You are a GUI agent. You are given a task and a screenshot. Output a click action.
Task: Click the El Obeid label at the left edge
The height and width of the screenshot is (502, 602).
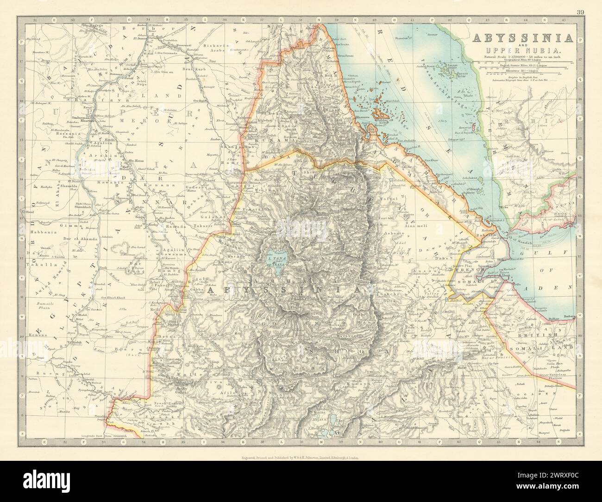tap(28, 212)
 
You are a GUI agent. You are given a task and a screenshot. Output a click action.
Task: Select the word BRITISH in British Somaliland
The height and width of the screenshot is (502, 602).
tap(543, 334)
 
